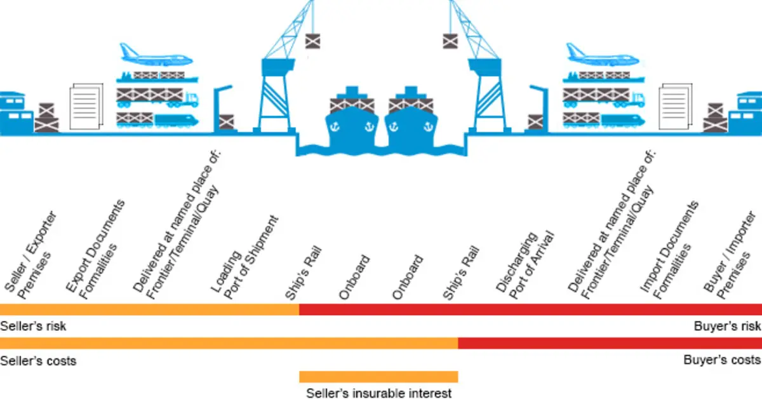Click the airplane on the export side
click(x=156, y=55)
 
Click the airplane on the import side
click(x=603, y=55)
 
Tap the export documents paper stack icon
click(x=86, y=106)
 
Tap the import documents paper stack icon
click(x=675, y=106)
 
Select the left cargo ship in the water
click(x=352, y=118)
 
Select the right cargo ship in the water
click(x=411, y=118)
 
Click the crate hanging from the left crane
click(x=312, y=41)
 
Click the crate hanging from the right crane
click(x=450, y=41)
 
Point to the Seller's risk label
click(x=33, y=326)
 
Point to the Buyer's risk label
click(x=727, y=326)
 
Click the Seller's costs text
click(x=38, y=360)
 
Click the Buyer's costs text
click(x=722, y=360)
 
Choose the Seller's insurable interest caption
click(x=379, y=393)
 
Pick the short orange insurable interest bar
click(x=378, y=377)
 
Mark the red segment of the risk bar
click(x=531, y=309)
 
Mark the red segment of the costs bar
click(x=610, y=343)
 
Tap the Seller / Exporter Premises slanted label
click(x=30, y=256)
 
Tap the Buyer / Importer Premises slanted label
click(x=730, y=256)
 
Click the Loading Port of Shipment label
click(x=245, y=258)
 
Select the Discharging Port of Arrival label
click(x=526, y=266)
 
